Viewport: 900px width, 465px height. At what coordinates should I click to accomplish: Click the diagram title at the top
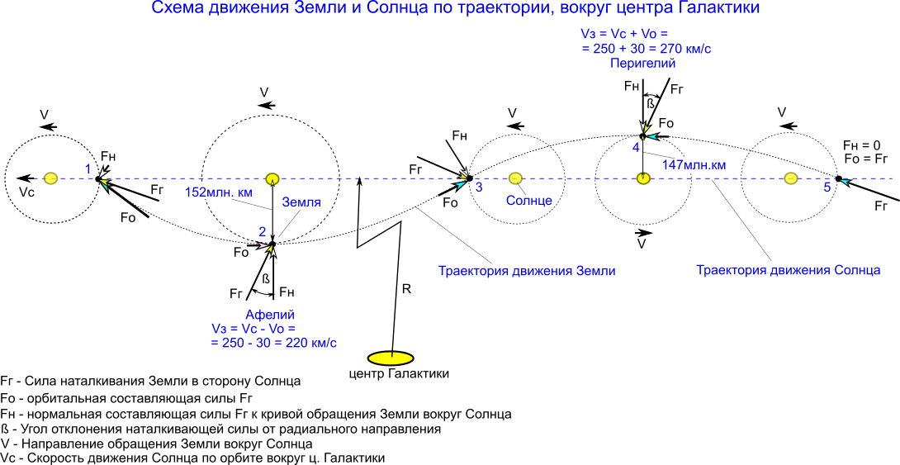[455, 8]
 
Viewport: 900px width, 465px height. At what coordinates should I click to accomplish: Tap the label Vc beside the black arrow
[27, 192]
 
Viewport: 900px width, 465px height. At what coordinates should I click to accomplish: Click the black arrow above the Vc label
[26, 178]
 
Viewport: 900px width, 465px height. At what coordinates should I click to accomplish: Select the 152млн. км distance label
[218, 192]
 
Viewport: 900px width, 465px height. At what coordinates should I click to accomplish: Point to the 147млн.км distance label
[694, 165]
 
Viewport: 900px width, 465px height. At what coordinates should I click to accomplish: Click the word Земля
[301, 202]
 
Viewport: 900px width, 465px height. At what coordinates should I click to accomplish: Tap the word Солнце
[528, 201]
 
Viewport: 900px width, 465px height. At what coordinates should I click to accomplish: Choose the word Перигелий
[642, 64]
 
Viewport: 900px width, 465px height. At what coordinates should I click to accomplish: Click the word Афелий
[269, 315]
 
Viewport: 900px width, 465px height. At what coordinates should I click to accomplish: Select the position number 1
[88, 168]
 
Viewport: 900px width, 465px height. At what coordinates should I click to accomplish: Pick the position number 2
[262, 232]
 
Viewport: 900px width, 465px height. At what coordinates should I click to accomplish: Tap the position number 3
[479, 187]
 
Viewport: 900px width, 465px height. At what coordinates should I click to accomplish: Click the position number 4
[636, 147]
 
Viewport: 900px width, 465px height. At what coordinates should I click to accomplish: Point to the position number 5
[827, 187]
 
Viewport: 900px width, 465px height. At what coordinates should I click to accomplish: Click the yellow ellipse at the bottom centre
[391, 358]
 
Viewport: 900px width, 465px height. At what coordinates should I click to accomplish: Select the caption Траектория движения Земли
[527, 271]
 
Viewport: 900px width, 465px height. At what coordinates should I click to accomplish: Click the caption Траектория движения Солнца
[788, 270]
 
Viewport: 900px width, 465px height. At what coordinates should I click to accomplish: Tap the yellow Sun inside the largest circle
[272, 178]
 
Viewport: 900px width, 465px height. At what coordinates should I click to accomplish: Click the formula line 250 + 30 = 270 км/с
[647, 50]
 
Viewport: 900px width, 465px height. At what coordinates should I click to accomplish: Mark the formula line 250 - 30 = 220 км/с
[273, 343]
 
